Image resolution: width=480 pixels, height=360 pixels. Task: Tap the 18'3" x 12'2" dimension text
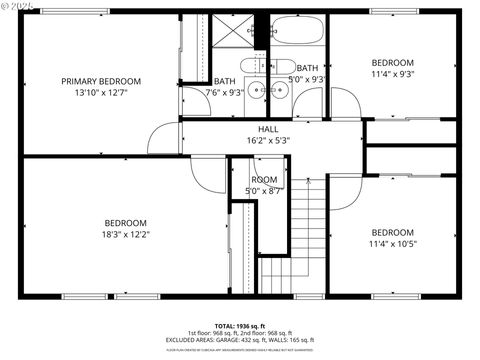(126, 235)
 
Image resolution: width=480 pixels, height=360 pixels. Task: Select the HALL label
(268, 129)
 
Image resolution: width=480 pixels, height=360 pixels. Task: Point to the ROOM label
(264, 179)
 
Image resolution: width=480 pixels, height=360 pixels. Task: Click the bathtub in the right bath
(297, 32)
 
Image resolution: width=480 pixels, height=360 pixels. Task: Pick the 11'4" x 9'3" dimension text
(392, 73)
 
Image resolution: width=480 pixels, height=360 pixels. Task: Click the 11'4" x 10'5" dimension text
(392, 243)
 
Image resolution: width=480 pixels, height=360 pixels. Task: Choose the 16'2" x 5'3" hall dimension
(268, 141)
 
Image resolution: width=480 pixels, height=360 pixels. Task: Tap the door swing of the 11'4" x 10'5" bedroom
(342, 195)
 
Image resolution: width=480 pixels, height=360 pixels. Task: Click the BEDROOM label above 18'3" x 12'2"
(126, 223)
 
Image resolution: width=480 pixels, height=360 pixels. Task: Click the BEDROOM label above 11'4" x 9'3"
(392, 61)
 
